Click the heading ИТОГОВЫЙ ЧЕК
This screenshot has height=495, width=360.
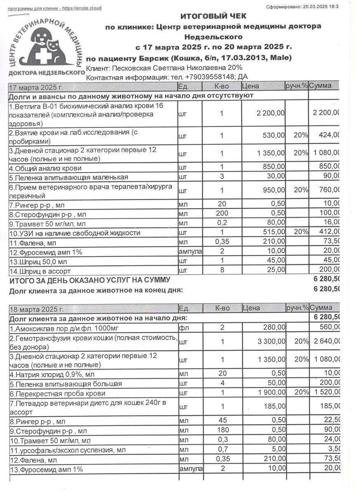[213, 16]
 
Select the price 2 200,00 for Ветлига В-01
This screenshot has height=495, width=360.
[270, 113]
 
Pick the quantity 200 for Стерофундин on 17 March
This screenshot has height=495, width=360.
[221, 213]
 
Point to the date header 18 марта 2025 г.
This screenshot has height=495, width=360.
[36, 309]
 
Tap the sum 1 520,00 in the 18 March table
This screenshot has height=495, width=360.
[326, 394]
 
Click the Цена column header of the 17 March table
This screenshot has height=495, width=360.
[251, 87]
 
